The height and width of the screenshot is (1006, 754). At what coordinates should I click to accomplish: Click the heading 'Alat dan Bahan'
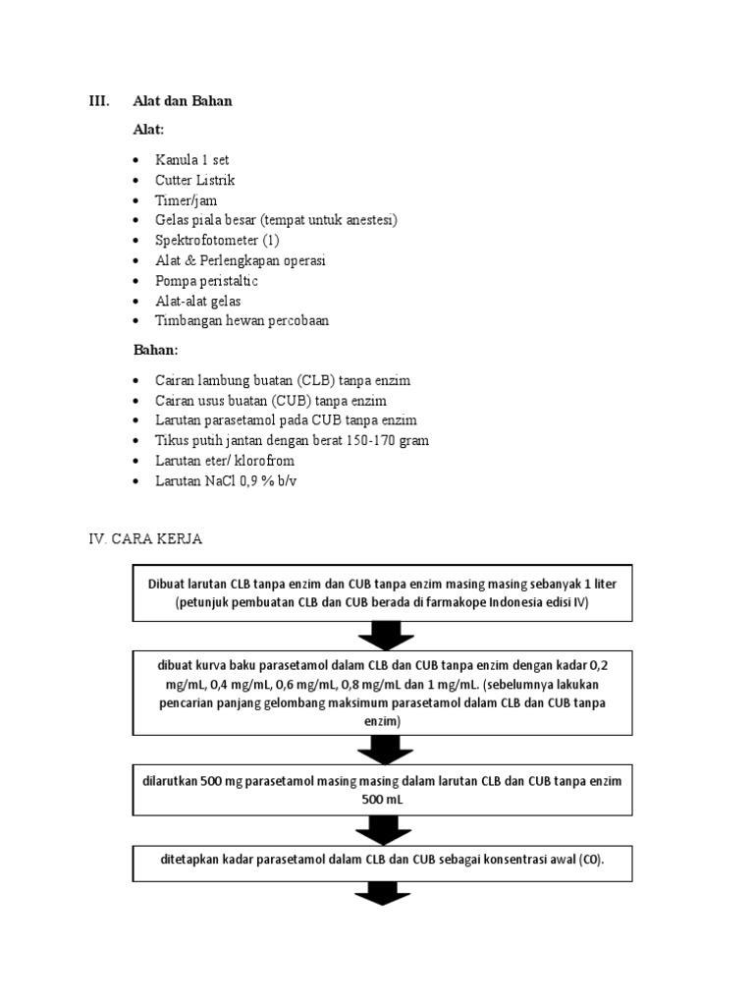(183, 101)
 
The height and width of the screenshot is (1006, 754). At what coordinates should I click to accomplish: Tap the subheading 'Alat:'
(149, 130)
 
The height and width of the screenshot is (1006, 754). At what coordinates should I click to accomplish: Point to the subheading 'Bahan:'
(156, 350)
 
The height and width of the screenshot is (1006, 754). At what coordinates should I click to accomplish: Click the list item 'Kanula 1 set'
(191, 160)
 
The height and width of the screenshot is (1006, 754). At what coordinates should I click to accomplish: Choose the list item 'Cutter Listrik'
(195, 181)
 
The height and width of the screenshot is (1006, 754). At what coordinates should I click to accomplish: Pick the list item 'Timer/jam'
(187, 200)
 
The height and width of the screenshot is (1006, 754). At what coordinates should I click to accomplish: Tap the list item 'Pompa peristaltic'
(206, 281)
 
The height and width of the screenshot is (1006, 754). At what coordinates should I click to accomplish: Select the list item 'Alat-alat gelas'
(197, 301)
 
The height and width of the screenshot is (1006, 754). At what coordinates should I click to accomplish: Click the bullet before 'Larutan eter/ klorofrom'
(135, 461)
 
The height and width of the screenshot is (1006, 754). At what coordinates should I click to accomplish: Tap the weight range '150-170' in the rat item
(368, 441)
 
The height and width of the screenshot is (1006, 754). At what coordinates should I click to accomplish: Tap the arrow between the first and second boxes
(383, 636)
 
